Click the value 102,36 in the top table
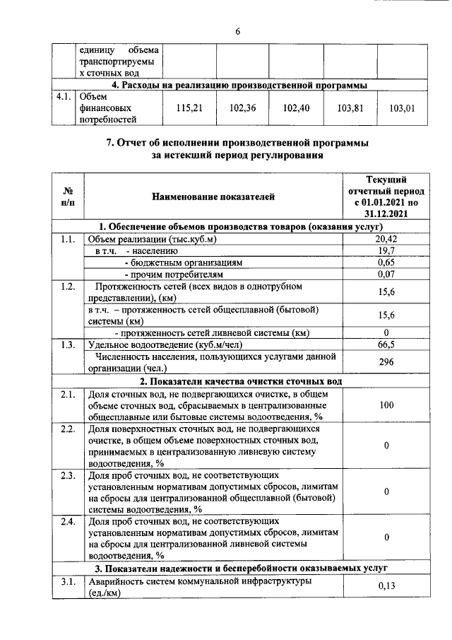(x=242, y=108)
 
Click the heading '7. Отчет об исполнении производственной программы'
(x=237, y=143)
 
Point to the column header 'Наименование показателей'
(x=213, y=196)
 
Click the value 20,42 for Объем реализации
(x=386, y=239)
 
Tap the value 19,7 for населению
(x=386, y=250)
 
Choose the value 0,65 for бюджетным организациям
(x=386, y=262)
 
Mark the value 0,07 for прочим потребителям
(x=386, y=273)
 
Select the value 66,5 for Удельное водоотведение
(x=386, y=344)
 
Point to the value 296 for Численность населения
(x=386, y=361)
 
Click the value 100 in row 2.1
(x=386, y=405)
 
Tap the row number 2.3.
(x=68, y=475)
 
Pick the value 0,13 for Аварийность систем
(x=386, y=586)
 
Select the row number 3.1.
(x=68, y=581)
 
